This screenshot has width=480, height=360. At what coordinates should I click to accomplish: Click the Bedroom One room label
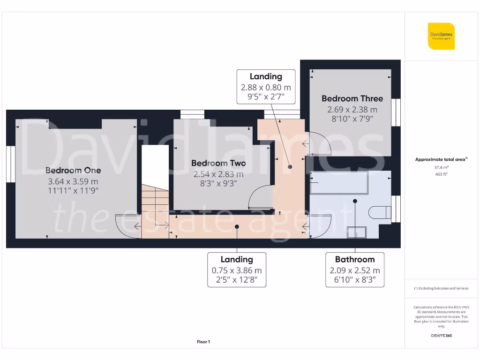coord(73,170)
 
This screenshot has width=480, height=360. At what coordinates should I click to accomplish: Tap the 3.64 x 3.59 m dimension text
coord(73,181)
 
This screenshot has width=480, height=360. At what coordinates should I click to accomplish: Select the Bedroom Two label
coord(218,163)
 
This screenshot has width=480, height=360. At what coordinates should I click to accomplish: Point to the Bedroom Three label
coord(352,98)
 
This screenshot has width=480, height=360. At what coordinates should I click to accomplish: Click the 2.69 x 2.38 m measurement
coord(352,110)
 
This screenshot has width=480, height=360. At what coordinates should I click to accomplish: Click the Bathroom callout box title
coord(355,259)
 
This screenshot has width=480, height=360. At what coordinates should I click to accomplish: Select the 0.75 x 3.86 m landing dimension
coord(237,270)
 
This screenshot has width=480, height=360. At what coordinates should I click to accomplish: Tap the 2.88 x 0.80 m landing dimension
coord(266,87)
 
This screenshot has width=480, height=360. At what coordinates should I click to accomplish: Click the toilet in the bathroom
coord(380,212)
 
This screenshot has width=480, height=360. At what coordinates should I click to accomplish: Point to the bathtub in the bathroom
coord(338,183)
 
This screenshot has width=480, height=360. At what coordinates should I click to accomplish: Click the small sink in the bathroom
coord(357,232)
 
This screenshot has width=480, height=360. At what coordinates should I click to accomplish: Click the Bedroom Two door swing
coord(258,197)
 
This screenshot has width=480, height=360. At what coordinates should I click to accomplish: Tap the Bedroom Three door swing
coord(319,143)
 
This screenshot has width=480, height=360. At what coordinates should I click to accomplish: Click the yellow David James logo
coord(441,36)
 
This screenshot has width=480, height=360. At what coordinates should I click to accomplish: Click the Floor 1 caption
coord(203,342)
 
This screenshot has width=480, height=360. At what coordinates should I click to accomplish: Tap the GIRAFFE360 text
coord(441,336)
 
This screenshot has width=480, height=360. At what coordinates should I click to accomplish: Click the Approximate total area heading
coord(441,159)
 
